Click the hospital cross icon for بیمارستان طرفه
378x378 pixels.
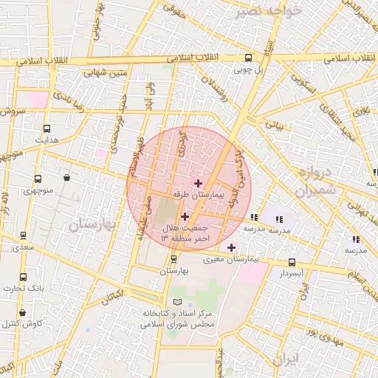(198, 182)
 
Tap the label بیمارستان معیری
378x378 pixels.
(253, 259)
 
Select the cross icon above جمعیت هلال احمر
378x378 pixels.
(184, 217)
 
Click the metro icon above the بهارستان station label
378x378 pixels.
(173, 259)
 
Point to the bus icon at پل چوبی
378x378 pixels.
(247, 58)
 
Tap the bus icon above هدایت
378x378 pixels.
(47, 127)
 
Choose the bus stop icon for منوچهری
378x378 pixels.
(38, 179)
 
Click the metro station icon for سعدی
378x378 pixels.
(23, 236)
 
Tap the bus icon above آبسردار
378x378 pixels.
(292, 262)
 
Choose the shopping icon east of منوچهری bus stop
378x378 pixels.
(67, 177)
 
